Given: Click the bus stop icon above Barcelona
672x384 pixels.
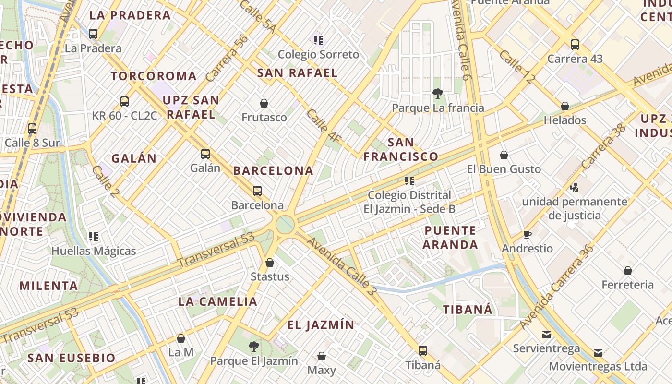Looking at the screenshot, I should click(257, 191).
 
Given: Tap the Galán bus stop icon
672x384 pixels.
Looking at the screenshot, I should click(205, 154).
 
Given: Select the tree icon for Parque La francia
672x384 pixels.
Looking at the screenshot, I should click(437, 94).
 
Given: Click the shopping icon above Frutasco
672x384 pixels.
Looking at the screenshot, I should click(264, 103).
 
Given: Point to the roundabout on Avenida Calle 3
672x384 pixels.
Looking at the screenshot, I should click(285, 224).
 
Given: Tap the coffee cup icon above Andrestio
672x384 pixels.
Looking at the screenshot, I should click(528, 235).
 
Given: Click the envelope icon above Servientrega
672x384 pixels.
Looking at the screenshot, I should click(546, 335).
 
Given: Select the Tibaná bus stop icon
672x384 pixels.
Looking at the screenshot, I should click(422, 351).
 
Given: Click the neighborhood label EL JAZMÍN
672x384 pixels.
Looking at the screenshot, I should click(321, 325).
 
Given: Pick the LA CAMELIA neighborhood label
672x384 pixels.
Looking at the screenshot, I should click(218, 302).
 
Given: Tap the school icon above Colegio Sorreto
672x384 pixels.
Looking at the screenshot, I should click(318, 40).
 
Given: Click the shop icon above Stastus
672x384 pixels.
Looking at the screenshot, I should click(270, 263).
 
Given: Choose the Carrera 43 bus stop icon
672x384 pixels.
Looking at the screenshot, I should click(575, 45).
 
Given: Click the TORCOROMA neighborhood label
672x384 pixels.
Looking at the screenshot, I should click(154, 76).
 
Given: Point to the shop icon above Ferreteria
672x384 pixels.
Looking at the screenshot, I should click(627, 271).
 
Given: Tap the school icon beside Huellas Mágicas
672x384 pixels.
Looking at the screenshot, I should click(94, 237).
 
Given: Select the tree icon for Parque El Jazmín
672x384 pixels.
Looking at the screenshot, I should click(254, 346).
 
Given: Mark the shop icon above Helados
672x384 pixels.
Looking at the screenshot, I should click(565, 106).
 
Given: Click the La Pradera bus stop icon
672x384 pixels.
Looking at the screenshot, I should click(93, 34).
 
